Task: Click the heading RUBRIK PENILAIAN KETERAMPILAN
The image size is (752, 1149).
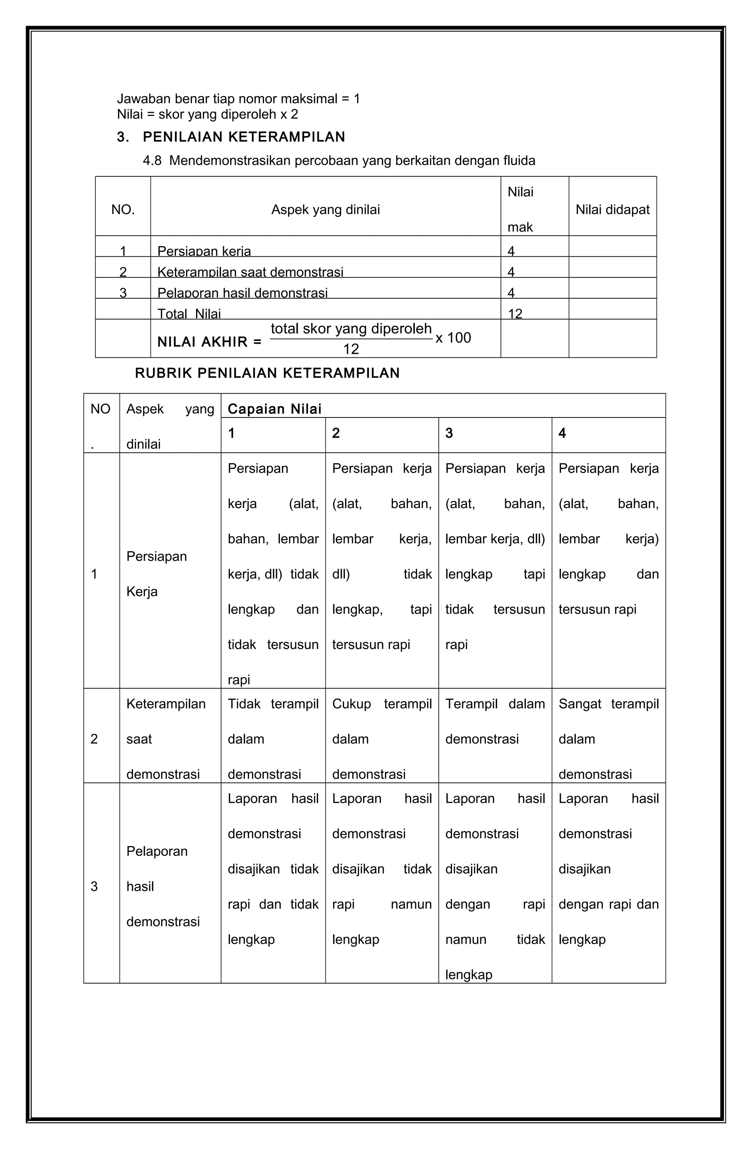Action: [x=267, y=373]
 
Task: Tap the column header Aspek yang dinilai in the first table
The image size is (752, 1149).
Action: [x=325, y=209]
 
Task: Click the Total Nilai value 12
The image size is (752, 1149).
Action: [x=515, y=313]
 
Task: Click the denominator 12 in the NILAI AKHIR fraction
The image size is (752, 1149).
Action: [x=351, y=349]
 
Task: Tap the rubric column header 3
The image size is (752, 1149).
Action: [x=449, y=433]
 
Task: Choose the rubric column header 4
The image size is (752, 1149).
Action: [x=562, y=433]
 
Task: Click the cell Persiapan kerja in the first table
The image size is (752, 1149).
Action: [x=204, y=251]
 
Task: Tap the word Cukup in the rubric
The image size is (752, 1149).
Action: [x=351, y=704]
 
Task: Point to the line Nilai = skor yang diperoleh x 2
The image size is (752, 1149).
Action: [x=207, y=114]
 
